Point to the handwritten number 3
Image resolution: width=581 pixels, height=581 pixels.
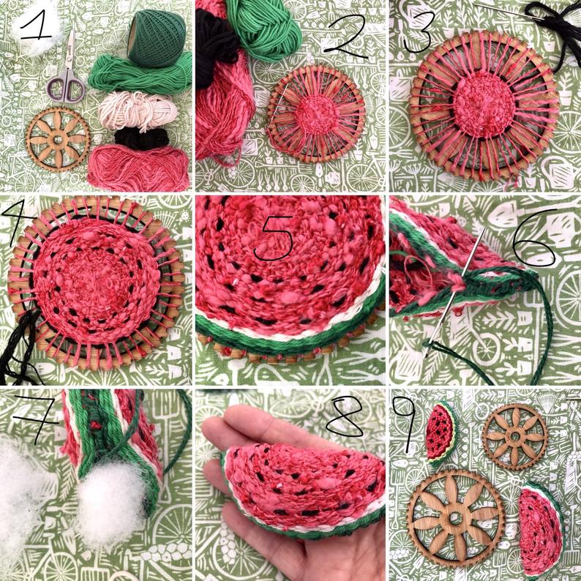click(417, 31)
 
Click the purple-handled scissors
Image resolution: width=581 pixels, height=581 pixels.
click(67, 70)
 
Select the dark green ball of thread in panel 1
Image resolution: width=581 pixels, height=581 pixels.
click(157, 38)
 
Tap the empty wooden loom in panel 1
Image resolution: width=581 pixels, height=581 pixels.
click(59, 139)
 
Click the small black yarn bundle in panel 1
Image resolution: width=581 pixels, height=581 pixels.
click(141, 138)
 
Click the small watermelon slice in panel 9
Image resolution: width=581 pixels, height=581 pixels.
click(442, 432)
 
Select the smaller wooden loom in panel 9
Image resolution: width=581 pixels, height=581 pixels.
click(515, 437)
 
